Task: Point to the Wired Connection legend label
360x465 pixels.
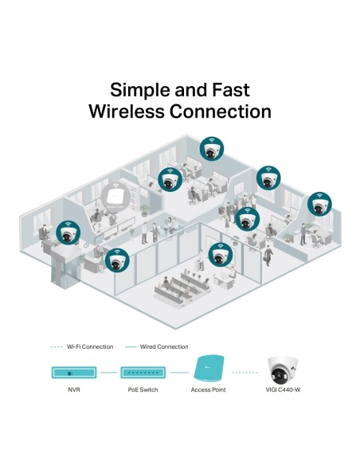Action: tap(163, 346)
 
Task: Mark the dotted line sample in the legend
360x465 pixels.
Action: tap(57, 346)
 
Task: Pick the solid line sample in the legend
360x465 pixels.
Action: tap(131, 346)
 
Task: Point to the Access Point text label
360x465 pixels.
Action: tap(209, 391)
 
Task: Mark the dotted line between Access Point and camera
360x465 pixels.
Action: tap(246, 372)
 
